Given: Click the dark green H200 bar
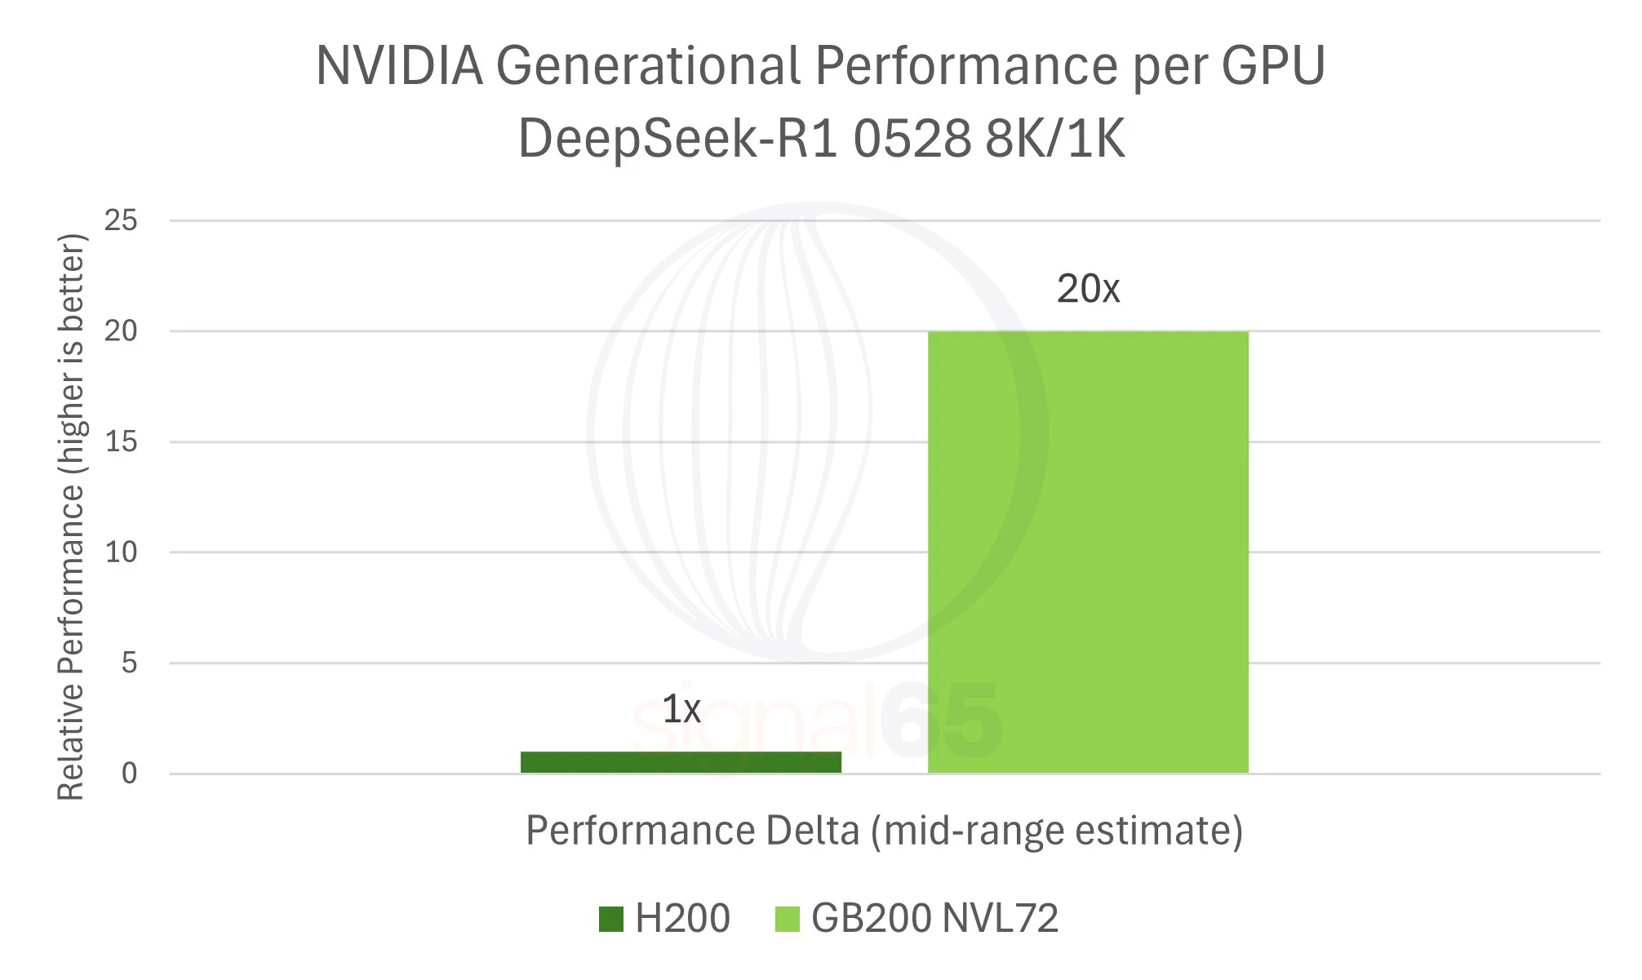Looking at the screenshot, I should pos(681,762).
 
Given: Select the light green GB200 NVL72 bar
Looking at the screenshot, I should pos(1088,552).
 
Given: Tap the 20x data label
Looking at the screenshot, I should pos(1088,289).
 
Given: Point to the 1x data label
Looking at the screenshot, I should pos(681,709).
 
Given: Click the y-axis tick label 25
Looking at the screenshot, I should pos(121,220).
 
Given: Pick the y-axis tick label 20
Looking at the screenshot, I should pos(121,331).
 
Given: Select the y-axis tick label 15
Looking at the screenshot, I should pos(121,442).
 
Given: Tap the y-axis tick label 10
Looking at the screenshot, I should pos(121,552).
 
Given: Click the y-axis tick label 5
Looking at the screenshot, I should pos(129,663).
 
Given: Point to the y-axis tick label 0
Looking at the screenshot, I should pos(129,774).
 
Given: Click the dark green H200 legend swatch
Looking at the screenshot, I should pos(610,919).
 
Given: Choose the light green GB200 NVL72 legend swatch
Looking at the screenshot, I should pos(787,919).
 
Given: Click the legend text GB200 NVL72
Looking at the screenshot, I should pos(934,919).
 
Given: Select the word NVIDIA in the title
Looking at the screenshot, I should pos(399,65).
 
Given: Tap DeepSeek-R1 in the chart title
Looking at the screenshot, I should pos(677,139).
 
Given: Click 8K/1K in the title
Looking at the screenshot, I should pos(1054,139).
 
